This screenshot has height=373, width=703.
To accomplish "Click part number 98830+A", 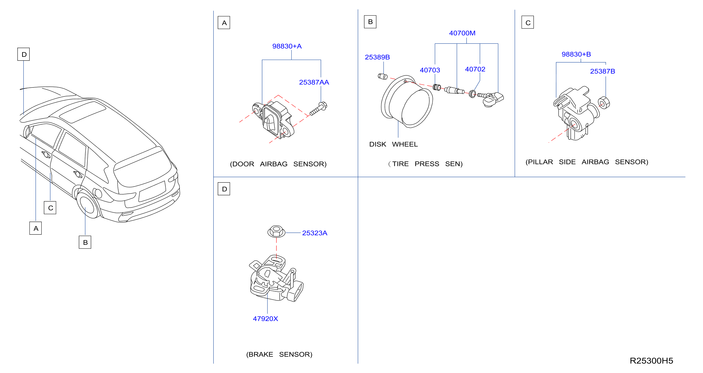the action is [x=287, y=46].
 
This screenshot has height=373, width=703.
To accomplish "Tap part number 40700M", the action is [x=462, y=33].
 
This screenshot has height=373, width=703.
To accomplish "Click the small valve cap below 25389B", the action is [x=383, y=76].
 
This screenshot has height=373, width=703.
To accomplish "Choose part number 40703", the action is [x=430, y=70].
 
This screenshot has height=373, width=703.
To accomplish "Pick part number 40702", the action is [x=475, y=69].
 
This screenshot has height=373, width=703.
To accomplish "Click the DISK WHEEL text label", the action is [x=393, y=144].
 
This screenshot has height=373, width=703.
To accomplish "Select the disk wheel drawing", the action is [x=407, y=102].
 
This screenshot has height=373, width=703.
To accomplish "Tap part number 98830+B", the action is [x=576, y=54].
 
